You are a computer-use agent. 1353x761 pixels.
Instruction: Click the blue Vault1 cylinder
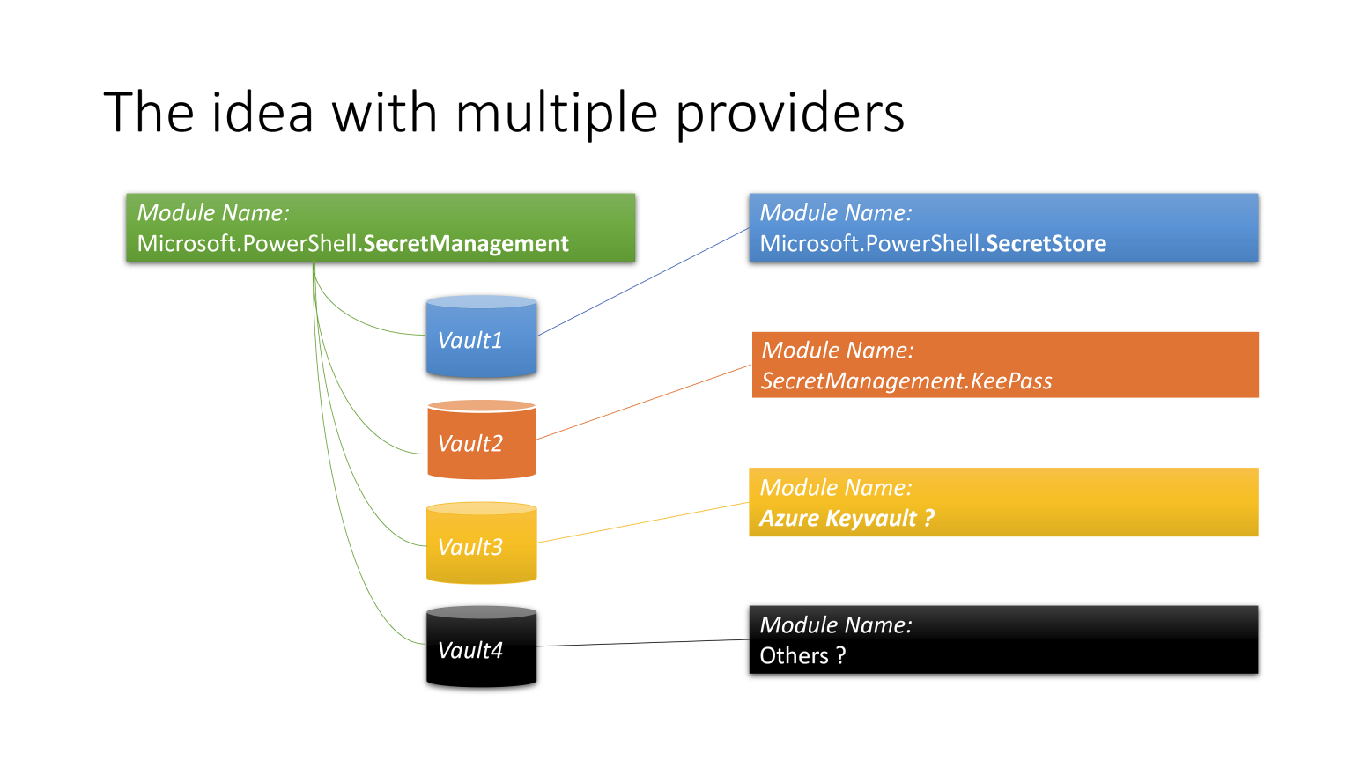[481, 339]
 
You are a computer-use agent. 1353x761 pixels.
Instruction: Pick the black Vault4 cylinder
[481, 649]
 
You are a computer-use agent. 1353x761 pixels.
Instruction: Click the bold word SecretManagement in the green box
[466, 244]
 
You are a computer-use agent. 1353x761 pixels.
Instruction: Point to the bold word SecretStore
[1046, 244]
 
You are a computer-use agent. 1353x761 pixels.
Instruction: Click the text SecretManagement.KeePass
[906, 381]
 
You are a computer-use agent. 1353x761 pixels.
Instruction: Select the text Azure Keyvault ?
[847, 519]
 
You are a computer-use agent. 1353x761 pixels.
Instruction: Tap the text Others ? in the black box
[802, 656]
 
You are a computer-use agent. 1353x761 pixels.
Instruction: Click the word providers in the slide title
[789, 115]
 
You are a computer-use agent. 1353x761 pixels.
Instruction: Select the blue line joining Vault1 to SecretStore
[643, 282]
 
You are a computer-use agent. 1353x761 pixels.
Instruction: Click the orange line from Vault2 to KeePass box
[643, 403]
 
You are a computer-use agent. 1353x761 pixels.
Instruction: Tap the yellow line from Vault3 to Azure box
[643, 522]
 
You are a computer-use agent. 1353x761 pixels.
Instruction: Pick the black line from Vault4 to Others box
[643, 643]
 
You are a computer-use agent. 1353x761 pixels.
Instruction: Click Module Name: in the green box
[213, 213]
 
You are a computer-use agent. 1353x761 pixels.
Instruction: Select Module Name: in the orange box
[837, 351]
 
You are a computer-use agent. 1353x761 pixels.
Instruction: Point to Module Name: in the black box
[835, 625]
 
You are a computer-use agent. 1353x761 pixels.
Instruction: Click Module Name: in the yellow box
[835, 488]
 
